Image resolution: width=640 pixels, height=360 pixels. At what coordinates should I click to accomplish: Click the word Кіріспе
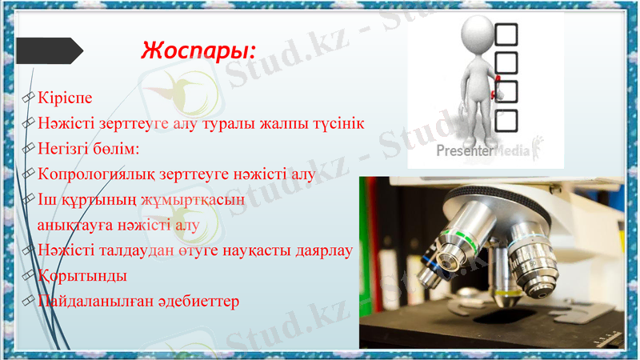pos(65,98)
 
